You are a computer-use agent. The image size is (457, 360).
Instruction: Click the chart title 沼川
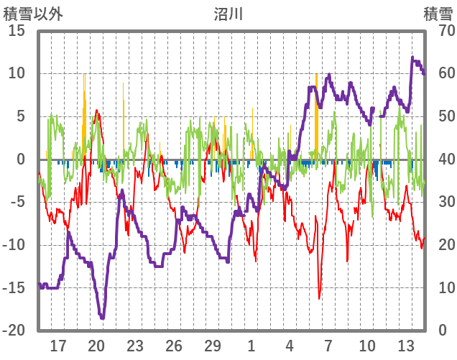click(228, 13)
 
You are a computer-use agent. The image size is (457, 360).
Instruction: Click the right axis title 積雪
click(437, 13)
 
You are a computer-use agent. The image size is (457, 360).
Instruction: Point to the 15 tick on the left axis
click(17, 31)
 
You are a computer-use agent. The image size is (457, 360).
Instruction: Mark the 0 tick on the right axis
click(443, 331)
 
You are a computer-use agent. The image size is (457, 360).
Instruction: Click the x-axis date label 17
click(58, 345)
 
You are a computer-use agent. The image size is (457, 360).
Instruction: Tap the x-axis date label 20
click(97, 345)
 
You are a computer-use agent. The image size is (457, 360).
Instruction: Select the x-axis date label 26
click(174, 345)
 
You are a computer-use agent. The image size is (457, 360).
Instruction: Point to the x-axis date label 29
click(213, 345)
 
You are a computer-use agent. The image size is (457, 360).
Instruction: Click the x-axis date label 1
click(251, 345)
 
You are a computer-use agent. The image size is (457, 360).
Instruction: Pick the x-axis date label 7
click(328, 345)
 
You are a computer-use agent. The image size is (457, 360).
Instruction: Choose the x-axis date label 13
click(406, 345)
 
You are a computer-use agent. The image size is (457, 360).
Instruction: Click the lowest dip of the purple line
click(103, 317)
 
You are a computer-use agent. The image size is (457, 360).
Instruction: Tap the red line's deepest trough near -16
click(320, 298)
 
